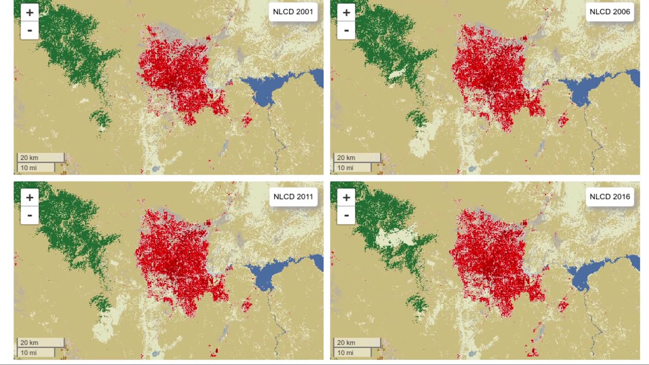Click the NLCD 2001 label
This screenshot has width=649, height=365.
pyautogui.click(x=293, y=12)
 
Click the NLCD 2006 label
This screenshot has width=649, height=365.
pyautogui.click(x=609, y=12)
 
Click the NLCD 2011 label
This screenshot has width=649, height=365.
pyautogui.click(x=293, y=197)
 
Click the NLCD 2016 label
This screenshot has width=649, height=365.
pyautogui.click(x=609, y=197)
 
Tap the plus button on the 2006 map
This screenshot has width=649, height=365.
pyautogui.click(x=346, y=13)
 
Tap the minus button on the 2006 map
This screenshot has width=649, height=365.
pyautogui.click(x=346, y=30)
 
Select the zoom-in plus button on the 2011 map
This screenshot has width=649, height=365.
pyautogui.click(x=30, y=198)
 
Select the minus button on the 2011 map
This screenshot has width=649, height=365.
pyautogui.click(x=30, y=215)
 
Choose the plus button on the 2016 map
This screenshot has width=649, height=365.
pyautogui.click(x=346, y=198)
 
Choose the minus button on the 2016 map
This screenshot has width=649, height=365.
pyautogui.click(x=346, y=215)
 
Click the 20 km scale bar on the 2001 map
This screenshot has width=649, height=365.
pyautogui.click(x=41, y=158)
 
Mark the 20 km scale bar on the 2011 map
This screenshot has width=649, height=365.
pyautogui.click(x=41, y=343)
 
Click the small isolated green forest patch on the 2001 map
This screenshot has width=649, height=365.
pyautogui.click(x=101, y=120)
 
